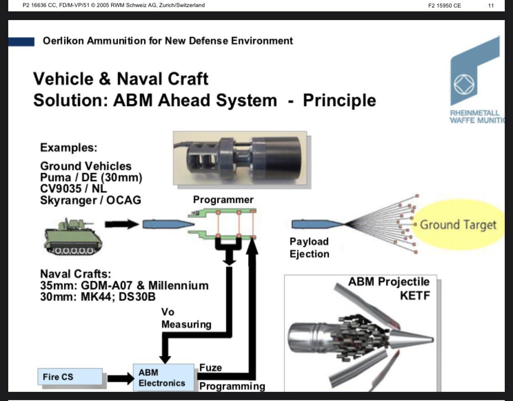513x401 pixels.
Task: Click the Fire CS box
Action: coord(70,377)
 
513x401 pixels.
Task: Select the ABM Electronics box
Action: coord(163,377)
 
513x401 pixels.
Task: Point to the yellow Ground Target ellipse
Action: coord(458,225)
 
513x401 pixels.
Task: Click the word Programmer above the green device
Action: coord(223,200)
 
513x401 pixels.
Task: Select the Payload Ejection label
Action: coord(309,247)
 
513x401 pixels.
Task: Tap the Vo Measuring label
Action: coord(186,318)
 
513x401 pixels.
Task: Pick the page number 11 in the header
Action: coord(491,5)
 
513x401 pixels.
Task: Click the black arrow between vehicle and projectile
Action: coord(121,224)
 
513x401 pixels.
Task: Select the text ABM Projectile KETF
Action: coord(389,288)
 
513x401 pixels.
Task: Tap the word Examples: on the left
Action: coord(68,148)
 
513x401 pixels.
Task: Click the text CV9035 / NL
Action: coord(73,188)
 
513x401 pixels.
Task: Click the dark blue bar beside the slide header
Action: coord(21,41)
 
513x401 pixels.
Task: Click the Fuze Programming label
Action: coord(232,377)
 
